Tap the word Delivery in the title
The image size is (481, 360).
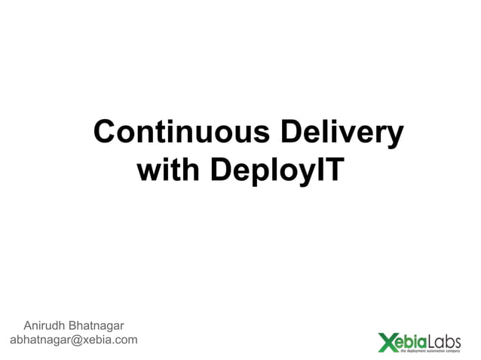[342, 132]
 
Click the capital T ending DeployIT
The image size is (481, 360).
[333, 171]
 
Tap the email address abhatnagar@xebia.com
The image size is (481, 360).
[73, 340]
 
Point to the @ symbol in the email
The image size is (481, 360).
[75, 340]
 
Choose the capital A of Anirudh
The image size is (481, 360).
[29, 326]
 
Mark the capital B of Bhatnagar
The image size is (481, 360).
[73, 326]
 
